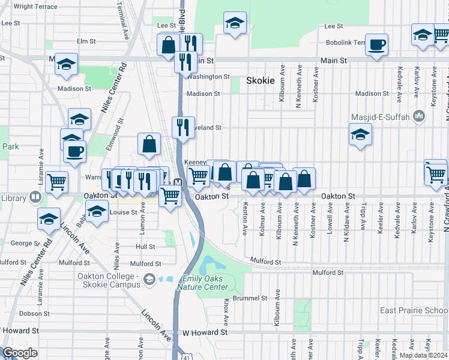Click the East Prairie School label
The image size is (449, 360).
click(x=414, y=310)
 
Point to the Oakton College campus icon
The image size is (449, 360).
click(x=148, y=278)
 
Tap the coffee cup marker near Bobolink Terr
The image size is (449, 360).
click(x=376, y=45)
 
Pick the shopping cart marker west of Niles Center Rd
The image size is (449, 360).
click(x=56, y=181)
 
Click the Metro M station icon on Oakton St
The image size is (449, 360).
click(x=178, y=182)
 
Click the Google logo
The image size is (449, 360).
click(x=20, y=353)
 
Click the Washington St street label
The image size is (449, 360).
click(x=208, y=77)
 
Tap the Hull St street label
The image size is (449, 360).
click(x=145, y=247)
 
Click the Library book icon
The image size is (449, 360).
click(x=35, y=197)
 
